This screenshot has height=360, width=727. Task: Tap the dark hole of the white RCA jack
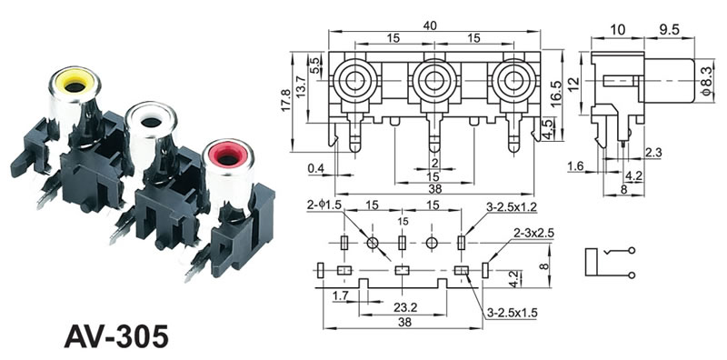[x=151, y=123]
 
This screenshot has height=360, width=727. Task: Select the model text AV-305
[x=116, y=335]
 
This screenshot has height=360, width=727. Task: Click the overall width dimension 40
[x=429, y=25]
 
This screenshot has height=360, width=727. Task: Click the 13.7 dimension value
[x=302, y=85]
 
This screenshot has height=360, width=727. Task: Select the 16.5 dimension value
[x=556, y=94]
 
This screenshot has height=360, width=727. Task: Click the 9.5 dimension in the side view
[x=668, y=30]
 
